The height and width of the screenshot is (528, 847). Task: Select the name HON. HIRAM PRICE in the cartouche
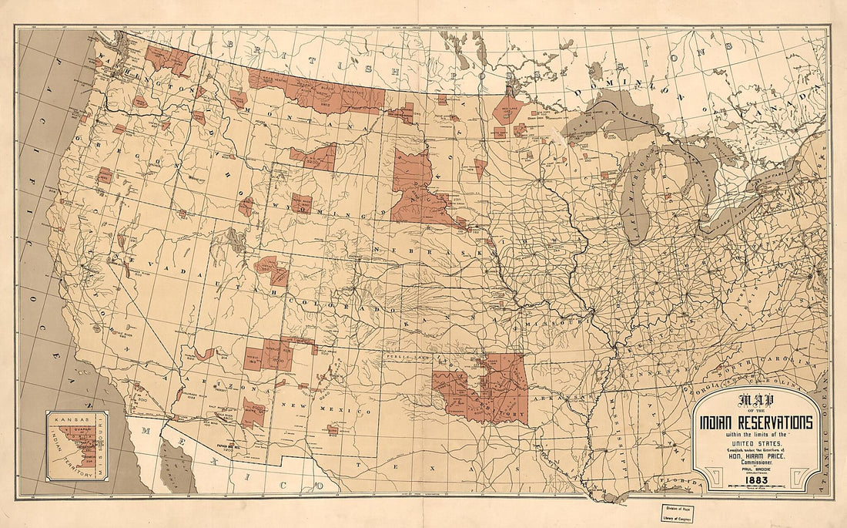click(x=755, y=456)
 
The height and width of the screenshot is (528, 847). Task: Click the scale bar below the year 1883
click(x=755, y=488)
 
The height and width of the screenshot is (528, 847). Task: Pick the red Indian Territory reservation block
click(x=485, y=389)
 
